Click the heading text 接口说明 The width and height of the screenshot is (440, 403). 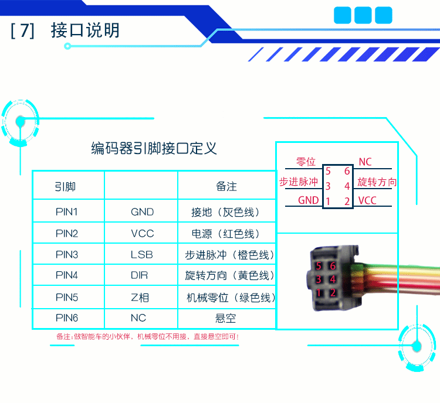pyautogui.click(x=85, y=30)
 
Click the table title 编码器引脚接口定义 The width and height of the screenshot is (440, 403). pyautogui.click(x=154, y=148)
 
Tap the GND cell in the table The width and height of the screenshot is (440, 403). pyautogui.click(x=142, y=211)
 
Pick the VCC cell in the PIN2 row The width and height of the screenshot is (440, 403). pyautogui.click(x=142, y=233)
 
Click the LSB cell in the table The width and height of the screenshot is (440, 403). pyautogui.click(x=141, y=255)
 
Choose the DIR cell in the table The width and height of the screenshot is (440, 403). pyautogui.click(x=141, y=275)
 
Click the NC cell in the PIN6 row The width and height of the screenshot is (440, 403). pyautogui.click(x=141, y=319)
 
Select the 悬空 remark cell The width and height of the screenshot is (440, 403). pyautogui.click(x=226, y=319)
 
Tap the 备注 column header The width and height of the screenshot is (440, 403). pyautogui.click(x=226, y=187)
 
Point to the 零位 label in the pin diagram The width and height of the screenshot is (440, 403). pyautogui.click(x=306, y=162)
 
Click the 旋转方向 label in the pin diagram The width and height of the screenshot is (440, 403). pyautogui.click(x=377, y=182)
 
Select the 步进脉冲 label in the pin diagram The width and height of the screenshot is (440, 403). pyautogui.click(x=299, y=182)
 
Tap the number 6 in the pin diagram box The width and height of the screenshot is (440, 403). pyautogui.click(x=347, y=171)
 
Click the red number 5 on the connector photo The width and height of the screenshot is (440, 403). pyautogui.click(x=319, y=266)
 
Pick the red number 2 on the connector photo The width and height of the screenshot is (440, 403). pyautogui.click(x=333, y=292)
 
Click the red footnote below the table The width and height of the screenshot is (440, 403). pyautogui.click(x=147, y=337)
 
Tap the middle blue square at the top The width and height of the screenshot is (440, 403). pyautogui.click(x=363, y=15)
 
